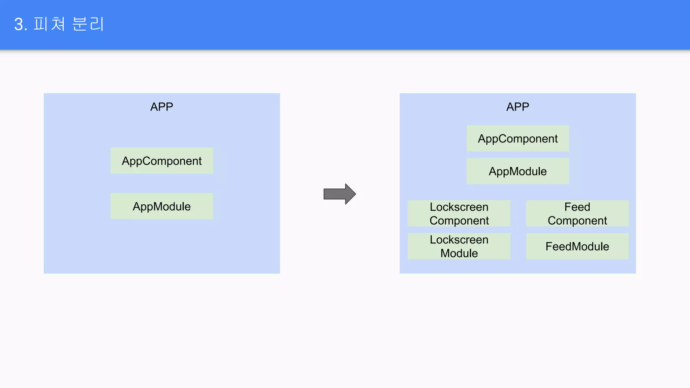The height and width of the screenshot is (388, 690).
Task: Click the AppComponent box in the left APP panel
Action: [161, 161]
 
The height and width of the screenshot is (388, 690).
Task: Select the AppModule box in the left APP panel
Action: [161, 206]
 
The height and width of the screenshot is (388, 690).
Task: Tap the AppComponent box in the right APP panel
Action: [517, 138]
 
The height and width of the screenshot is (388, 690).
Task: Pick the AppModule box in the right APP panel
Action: [517, 171]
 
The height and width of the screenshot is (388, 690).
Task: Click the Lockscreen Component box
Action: [459, 214]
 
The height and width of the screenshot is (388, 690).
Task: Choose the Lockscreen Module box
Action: [459, 246]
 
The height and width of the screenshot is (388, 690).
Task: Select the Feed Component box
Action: [577, 214]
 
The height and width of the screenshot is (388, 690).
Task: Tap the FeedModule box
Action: [577, 246]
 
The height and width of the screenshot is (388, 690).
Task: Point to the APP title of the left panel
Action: [161, 107]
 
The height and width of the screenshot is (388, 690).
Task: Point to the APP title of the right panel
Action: [517, 107]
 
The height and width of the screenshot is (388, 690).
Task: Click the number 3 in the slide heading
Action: [19, 25]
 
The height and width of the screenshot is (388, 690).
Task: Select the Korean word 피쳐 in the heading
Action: [49, 24]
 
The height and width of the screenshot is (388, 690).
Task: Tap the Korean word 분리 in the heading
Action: [88, 24]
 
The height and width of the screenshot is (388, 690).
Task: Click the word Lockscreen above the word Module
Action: [459, 239]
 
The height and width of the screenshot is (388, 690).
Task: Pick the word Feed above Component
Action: [577, 207]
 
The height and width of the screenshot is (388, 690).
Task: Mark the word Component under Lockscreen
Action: [459, 221]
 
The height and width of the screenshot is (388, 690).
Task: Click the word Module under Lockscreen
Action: [459, 253]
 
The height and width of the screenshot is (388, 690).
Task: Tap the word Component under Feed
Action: [577, 221]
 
